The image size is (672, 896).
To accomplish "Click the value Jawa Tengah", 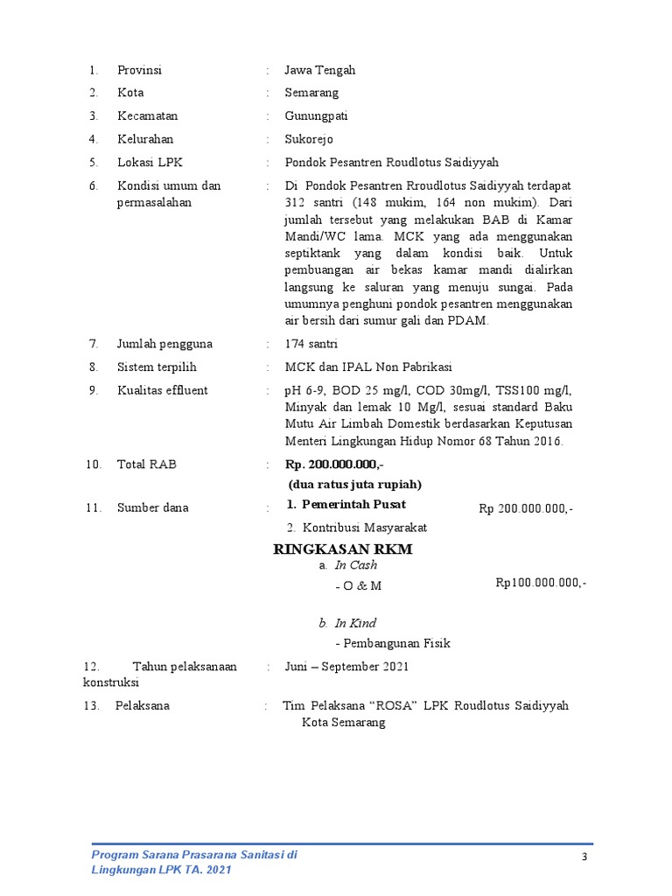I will point(319,70).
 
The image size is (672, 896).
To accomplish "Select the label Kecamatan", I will point(147,115).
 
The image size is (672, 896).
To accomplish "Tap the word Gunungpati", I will point(316,115).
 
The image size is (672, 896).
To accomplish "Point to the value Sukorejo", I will point(309,139).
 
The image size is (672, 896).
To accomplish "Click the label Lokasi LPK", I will point(150,162).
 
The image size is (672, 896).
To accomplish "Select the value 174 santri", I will point(311,344).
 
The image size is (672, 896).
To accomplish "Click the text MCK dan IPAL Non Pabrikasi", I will point(368,367).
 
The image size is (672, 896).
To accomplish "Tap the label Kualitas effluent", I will point(162,390).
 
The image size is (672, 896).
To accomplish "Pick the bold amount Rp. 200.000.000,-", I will point(334,464).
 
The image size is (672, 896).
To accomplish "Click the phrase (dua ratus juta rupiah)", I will point(355,484).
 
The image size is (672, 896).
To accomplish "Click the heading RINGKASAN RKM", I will point(343,549).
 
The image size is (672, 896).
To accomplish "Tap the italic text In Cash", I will point(356,565).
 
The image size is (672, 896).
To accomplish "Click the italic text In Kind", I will point(355,623).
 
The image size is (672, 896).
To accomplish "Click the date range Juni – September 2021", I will point(346,667).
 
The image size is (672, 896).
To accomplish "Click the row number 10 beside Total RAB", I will point(94,464).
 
